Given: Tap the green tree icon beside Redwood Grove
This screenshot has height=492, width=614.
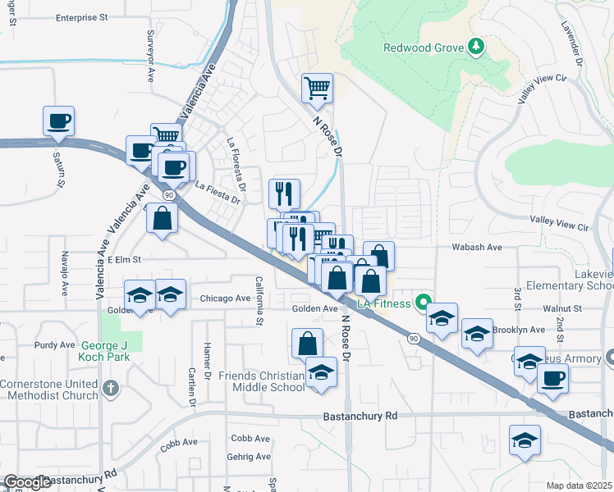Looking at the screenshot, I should pos(474,48).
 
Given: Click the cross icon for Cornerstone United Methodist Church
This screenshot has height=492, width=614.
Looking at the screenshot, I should pos(112,386).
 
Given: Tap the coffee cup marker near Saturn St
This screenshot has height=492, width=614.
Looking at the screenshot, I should pos(59,121).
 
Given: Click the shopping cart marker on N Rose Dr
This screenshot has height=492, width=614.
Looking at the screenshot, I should pos(318,87).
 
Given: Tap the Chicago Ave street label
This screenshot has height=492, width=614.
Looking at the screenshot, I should pos(225,299).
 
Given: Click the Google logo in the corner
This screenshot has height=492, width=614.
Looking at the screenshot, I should pos(27,482).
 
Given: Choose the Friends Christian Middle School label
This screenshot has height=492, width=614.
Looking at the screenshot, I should pos(260,381).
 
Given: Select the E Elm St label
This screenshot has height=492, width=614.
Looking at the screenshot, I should pos(125,259).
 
